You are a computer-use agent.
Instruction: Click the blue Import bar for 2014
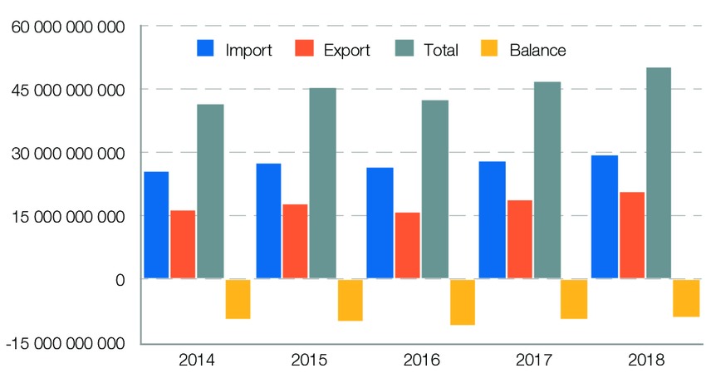156,225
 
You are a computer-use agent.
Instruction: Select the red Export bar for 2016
407,246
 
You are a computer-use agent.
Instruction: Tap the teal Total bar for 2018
659,174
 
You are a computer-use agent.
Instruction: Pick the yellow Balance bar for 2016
463,302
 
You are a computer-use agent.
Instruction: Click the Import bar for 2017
493,220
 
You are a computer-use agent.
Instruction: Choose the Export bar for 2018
631,236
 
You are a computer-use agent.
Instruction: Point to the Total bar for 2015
322,184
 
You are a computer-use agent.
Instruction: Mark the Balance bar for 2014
238,299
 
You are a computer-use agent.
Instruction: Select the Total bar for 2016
434,190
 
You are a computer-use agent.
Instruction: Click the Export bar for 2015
295,242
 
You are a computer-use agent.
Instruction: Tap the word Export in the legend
347,50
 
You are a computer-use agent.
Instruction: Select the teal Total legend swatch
403,49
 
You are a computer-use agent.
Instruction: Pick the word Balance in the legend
538,50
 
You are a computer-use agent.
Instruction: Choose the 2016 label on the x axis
421,361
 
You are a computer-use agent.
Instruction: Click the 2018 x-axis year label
645,361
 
